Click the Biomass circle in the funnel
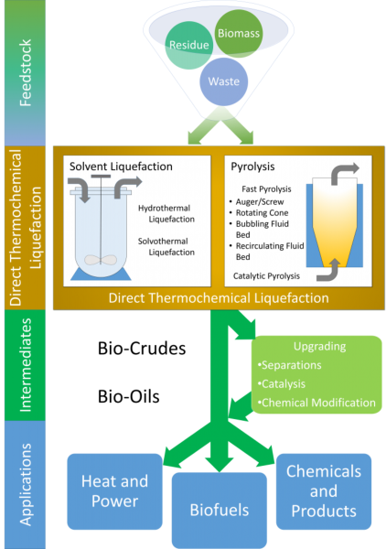[x=239, y=34]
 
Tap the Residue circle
[x=189, y=45]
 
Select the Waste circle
[x=224, y=81]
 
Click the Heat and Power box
[x=114, y=491]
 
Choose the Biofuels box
[x=220, y=510]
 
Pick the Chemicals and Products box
[x=324, y=491]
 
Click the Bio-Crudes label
[x=142, y=349]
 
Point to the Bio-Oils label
[x=128, y=397]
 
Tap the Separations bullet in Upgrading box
[x=289, y=365]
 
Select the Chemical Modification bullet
[x=316, y=403]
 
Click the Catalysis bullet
[x=282, y=384]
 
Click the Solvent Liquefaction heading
[x=121, y=167]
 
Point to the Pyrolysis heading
[x=252, y=167]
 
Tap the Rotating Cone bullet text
[x=259, y=213]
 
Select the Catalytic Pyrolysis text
[x=266, y=276]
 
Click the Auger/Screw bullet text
[x=256, y=201]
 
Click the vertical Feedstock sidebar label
[x=26, y=73]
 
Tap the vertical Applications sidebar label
[x=26, y=485]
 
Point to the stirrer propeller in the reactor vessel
[x=101, y=260]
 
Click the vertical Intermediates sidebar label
[x=26, y=365]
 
